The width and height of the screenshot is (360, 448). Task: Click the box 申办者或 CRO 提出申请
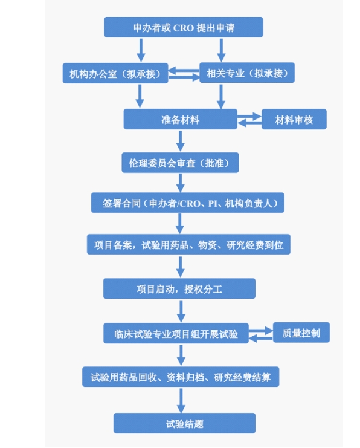(183, 27)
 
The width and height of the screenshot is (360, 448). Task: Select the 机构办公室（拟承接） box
(115, 73)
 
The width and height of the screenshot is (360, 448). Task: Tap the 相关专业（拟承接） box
(247, 73)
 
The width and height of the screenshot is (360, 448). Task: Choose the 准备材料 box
(180, 119)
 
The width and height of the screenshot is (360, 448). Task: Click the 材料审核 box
(294, 119)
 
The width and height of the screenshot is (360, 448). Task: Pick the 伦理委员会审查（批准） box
(180, 163)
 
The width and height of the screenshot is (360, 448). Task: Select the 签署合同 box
(188, 203)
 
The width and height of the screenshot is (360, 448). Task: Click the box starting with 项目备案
(188, 245)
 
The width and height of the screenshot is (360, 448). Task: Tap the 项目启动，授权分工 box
(179, 288)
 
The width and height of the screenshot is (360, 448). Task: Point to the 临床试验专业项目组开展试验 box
(176, 333)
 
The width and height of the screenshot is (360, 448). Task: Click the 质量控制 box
(301, 333)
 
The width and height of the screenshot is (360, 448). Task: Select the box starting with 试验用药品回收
(181, 377)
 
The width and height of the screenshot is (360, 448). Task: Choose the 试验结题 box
(184, 423)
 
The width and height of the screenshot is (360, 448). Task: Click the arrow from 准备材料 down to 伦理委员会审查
(180, 141)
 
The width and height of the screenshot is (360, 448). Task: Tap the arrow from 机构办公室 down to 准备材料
(140, 96)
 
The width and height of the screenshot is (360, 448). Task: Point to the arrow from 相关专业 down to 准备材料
(221, 96)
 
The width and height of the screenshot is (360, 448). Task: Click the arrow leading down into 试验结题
(181, 400)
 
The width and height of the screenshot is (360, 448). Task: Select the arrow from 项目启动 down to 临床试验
(181, 311)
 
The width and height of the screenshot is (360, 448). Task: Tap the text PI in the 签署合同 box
(213, 203)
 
